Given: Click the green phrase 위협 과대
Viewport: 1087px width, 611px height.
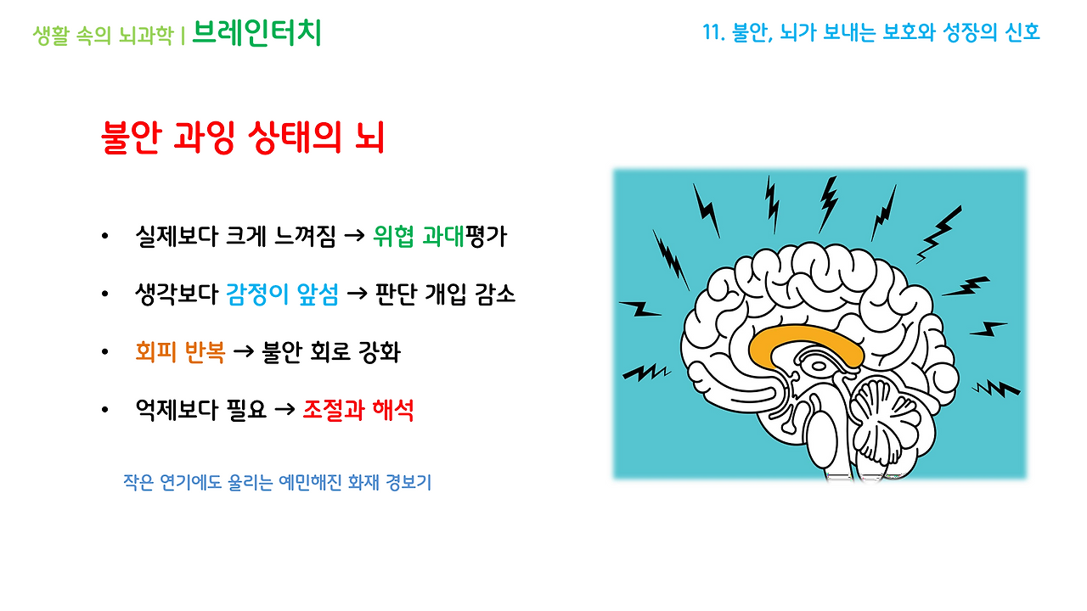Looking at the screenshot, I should coord(418,237).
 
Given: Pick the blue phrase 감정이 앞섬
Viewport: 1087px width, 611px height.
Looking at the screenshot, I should coord(283,294).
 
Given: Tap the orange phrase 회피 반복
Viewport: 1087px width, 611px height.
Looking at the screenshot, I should coord(180,352).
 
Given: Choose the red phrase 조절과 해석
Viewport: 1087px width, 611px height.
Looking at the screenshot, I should coord(358,410).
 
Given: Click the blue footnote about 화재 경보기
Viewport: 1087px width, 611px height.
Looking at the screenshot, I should coord(277,483).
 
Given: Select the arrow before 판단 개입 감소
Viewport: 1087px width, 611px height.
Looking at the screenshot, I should coord(358,295).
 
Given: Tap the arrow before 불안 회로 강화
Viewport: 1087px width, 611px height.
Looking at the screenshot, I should coord(244,353).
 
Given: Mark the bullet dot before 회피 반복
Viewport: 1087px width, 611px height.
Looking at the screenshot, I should coord(104,353).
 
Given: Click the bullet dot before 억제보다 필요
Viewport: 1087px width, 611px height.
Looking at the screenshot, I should coord(104,411).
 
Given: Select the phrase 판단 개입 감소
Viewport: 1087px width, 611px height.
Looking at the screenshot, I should coord(443,294).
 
